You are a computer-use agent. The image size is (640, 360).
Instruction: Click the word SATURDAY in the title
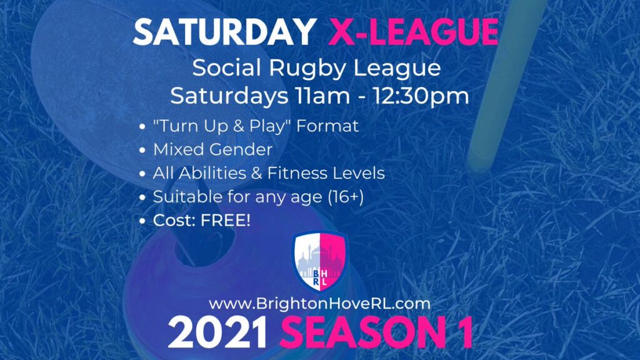click(225, 32)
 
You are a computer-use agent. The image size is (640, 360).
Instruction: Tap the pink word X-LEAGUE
click(413, 32)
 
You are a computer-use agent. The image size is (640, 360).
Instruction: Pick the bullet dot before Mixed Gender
click(142, 151)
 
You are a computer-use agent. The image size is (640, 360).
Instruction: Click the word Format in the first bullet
click(327, 126)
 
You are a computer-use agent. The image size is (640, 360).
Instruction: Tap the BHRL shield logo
click(320, 262)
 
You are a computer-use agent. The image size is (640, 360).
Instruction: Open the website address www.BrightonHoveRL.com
click(319, 304)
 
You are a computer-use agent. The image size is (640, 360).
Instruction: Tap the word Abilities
click(212, 173)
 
